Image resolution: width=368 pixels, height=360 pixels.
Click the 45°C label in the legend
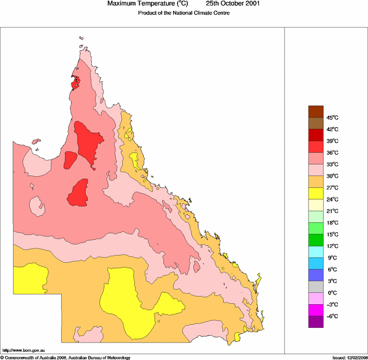tap(333, 118)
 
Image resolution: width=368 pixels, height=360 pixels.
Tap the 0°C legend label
tap(333, 293)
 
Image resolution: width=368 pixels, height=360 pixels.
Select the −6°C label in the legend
tap(333, 316)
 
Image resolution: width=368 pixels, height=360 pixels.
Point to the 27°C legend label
tap(333, 188)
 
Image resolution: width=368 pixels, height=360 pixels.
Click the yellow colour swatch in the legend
tap(316, 193)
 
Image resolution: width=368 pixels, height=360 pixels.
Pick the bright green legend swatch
tap(316, 240)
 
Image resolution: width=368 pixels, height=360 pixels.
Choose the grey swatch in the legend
tap(316, 286)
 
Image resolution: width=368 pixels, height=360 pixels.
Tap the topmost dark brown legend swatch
tap(316, 111)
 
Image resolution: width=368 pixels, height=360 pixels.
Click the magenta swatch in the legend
tap(316, 310)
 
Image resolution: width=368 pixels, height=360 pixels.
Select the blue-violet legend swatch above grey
tap(316, 275)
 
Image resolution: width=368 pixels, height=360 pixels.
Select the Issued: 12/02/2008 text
tap(349, 357)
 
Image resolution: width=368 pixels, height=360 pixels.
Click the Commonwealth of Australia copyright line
tap(66, 357)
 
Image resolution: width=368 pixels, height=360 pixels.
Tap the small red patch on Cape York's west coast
tap(76, 83)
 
